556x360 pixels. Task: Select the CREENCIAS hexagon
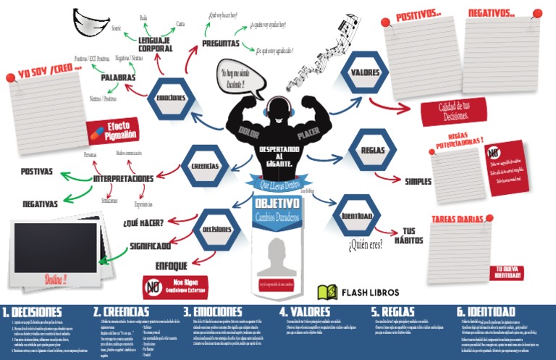tap(205, 166)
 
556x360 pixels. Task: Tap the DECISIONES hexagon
tap(216, 228)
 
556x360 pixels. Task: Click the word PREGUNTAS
tap(222, 43)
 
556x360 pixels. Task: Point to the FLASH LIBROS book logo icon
tap(328, 291)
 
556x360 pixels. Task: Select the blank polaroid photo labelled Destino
tap(56, 247)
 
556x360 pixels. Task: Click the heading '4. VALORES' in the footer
tap(305, 312)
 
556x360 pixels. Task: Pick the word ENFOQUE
tap(172, 266)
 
